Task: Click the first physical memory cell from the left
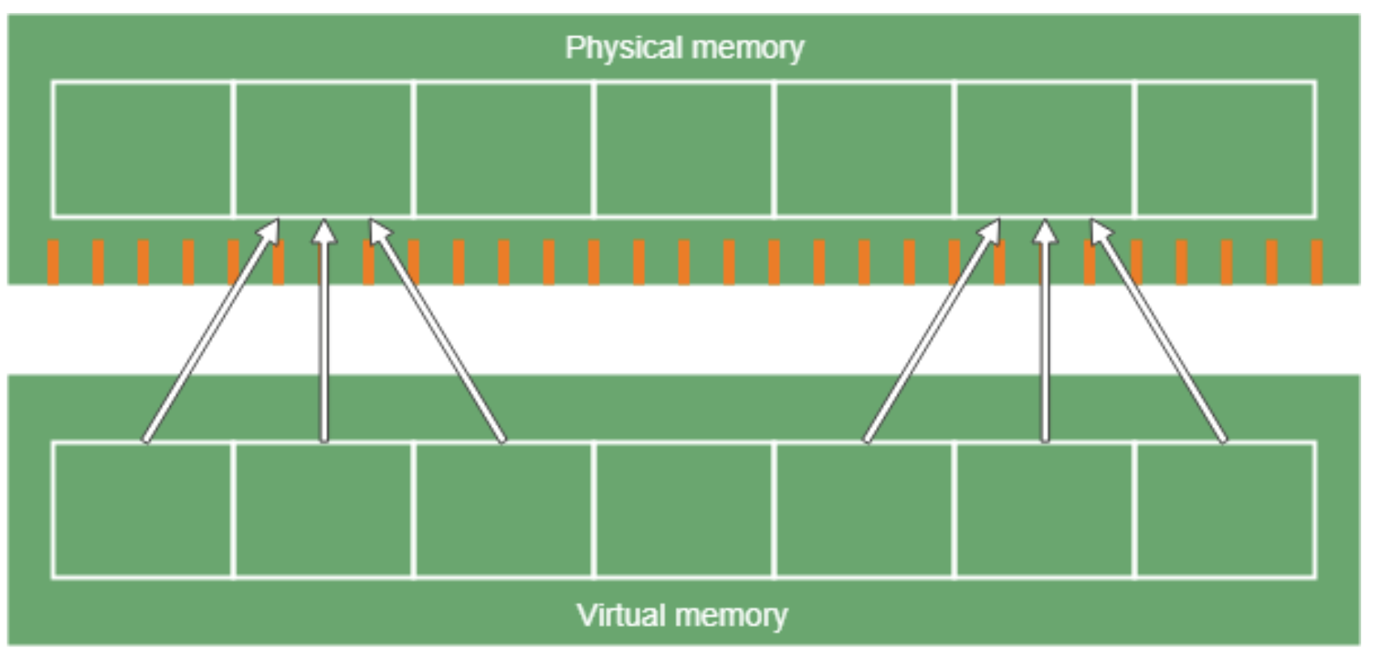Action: [142, 149]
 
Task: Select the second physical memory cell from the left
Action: [323, 149]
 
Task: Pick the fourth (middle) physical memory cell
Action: [684, 149]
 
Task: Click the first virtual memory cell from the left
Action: [142, 510]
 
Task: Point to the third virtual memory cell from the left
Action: [503, 510]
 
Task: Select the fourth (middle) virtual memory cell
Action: [684, 510]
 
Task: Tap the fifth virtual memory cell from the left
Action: [865, 510]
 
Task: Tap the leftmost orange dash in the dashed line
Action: [53, 262]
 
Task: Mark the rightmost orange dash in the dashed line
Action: [1316, 262]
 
